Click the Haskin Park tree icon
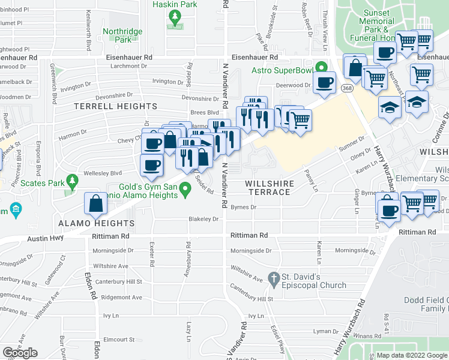click(x=175, y=19)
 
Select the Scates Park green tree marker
click(x=72, y=180)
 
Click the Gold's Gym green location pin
click(x=185, y=191)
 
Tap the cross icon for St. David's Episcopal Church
click(x=274, y=278)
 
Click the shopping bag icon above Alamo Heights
click(x=96, y=203)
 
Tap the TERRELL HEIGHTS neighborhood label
click(x=115, y=106)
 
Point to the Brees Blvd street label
click(x=205, y=112)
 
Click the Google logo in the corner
click(x=20, y=353)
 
